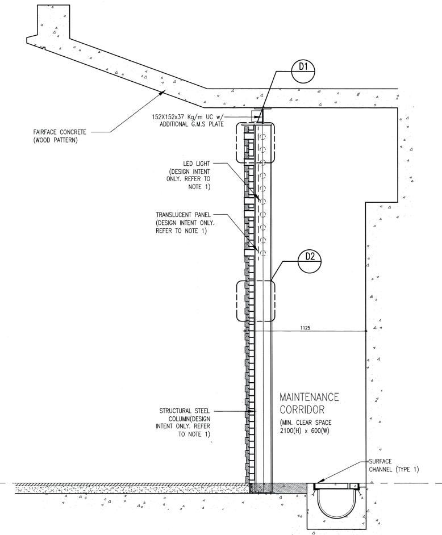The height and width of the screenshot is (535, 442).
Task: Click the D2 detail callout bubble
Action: point(310,256)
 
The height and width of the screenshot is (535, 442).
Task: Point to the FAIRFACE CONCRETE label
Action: point(60,132)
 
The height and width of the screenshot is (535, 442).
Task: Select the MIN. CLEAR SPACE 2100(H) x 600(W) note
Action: point(310,428)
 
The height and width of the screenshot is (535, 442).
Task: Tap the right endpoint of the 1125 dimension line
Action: point(365,331)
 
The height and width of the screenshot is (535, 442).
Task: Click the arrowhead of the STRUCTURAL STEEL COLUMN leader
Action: point(254,410)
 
